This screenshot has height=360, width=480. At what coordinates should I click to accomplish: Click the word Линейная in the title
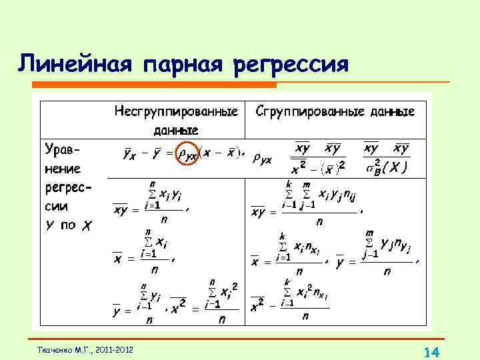(x=75, y=65)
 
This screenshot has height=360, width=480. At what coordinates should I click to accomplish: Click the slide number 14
(x=430, y=351)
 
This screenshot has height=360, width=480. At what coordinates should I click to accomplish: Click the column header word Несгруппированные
(x=176, y=111)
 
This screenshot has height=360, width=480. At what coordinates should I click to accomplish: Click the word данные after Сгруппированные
(x=390, y=111)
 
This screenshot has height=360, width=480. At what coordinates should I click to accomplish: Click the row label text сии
(x=56, y=207)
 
